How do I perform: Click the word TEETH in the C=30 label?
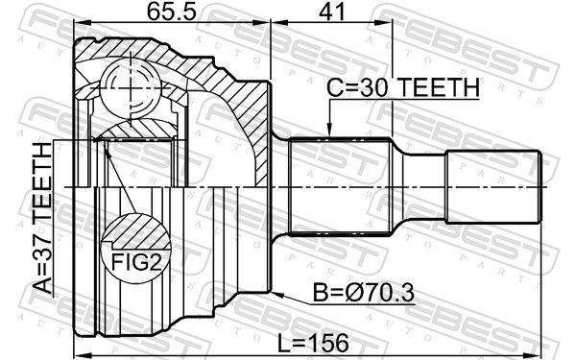point(437,87)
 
